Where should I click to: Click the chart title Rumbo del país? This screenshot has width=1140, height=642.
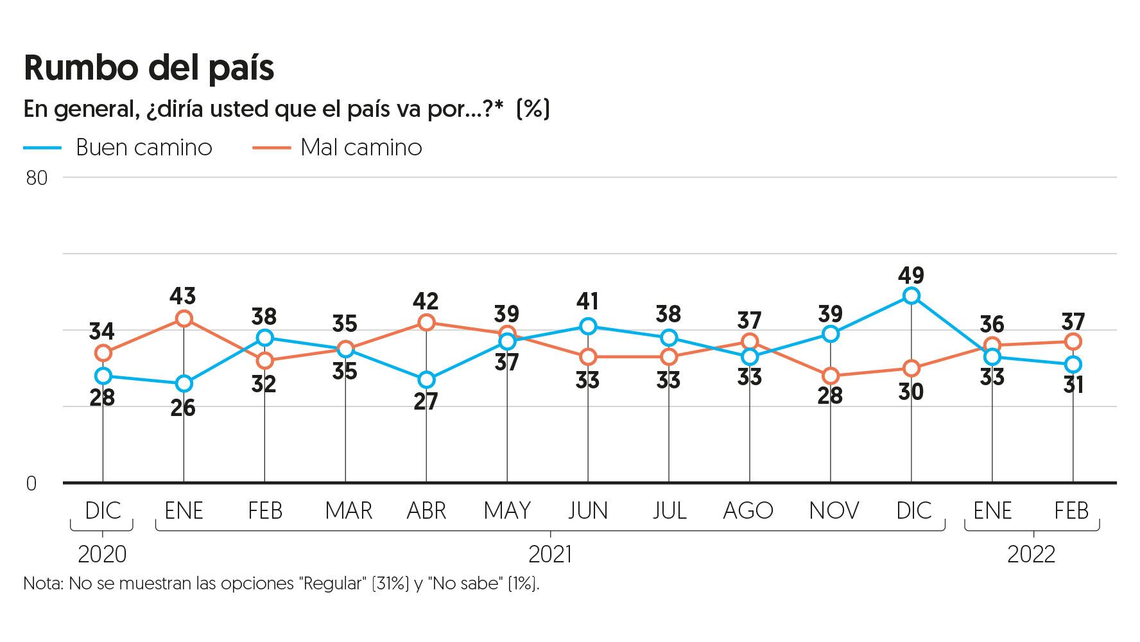tap(149, 68)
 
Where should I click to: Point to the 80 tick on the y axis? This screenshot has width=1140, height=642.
tap(37, 178)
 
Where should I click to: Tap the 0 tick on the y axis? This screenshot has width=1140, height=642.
tap(31, 484)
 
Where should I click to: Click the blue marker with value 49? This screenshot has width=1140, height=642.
tap(911, 296)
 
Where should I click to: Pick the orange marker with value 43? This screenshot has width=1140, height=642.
tap(184, 318)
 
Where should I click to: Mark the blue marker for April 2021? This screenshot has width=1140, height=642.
tap(426, 380)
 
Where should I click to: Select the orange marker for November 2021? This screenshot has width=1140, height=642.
tap(831, 376)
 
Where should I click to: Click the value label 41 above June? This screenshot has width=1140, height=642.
tap(588, 300)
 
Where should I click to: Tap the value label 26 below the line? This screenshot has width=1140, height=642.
tap(183, 408)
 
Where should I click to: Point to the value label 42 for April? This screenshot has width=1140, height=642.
tap(426, 300)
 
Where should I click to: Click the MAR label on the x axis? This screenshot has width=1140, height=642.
tap(349, 511)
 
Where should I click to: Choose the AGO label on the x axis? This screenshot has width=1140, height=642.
tap(749, 511)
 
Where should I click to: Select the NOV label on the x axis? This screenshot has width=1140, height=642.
tap(834, 511)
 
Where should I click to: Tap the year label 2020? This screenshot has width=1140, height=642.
tap(102, 553)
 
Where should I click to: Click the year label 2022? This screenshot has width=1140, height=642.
tap(1032, 553)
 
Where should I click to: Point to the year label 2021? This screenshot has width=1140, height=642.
tap(550, 553)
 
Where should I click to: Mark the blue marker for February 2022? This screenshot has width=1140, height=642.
tap(1073, 365)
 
